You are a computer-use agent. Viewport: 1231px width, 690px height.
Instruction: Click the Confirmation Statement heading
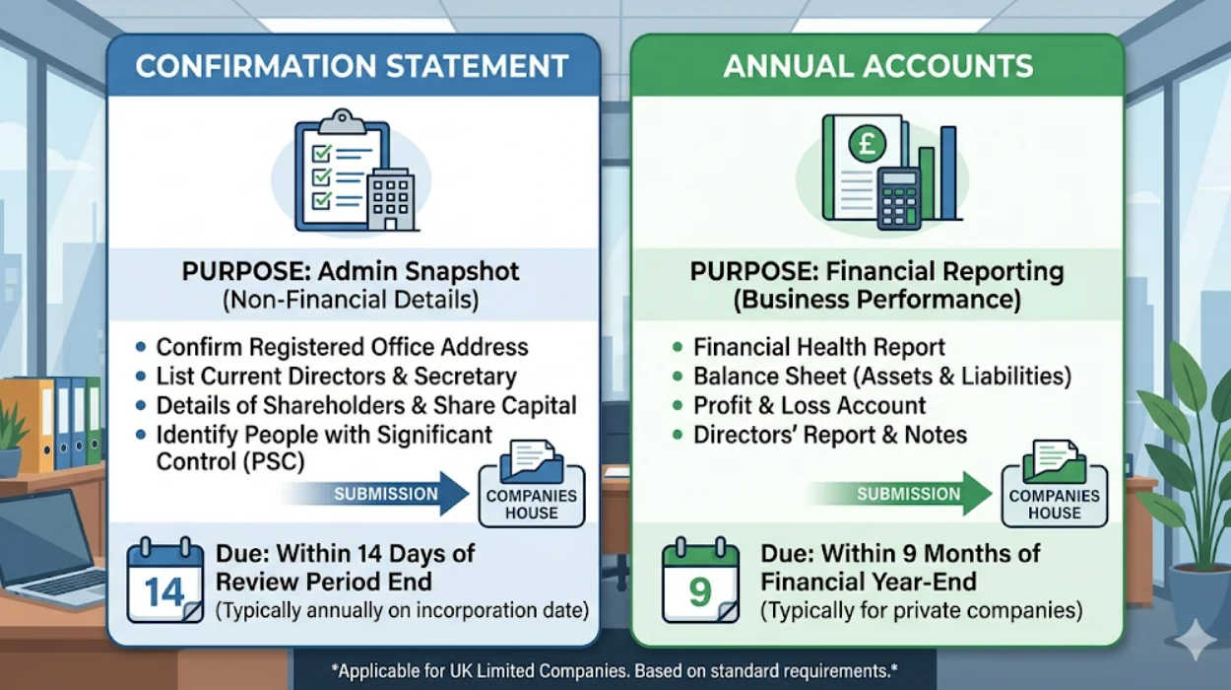pyautogui.click(x=352, y=67)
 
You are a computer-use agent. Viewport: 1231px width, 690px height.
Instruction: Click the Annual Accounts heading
pyautogui.click(x=877, y=67)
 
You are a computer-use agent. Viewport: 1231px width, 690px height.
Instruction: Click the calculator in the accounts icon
pyautogui.click(x=898, y=198)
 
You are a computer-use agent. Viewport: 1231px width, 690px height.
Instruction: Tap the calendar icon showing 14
pyautogui.click(x=164, y=581)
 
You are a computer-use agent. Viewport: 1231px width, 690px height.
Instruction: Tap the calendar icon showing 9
pyautogui.click(x=700, y=581)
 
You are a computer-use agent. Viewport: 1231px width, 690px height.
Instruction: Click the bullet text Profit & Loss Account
pyautogui.click(x=810, y=405)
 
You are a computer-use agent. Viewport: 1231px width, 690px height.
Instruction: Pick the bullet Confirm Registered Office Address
pyautogui.click(x=342, y=347)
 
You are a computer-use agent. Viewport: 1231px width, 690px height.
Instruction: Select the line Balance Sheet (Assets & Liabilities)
pyautogui.click(x=882, y=376)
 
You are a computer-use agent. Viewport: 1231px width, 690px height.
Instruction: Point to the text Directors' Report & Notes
pyautogui.click(x=830, y=435)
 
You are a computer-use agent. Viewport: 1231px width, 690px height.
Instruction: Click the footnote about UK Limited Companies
pyautogui.click(x=615, y=672)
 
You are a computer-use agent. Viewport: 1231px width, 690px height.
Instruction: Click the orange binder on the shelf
pyautogui.click(x=36, y=424)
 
